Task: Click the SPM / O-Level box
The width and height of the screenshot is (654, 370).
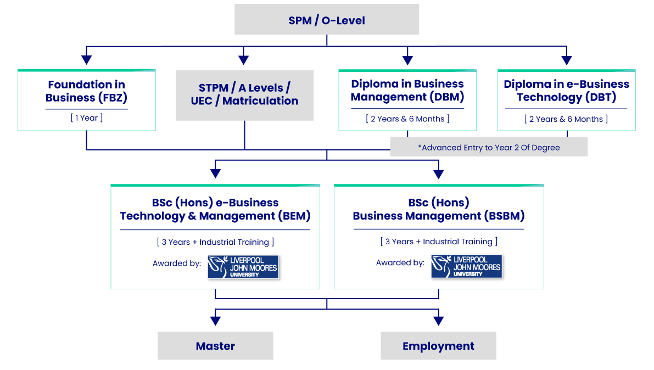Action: coord(327,20)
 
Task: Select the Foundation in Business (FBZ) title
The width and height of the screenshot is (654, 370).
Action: coord(86,91)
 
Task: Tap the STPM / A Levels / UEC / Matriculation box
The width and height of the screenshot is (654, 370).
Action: coord(244,94)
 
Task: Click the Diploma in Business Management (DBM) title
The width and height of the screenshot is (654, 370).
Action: coord(407,91)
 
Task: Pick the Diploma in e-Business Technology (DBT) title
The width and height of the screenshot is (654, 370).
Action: coord(566,91)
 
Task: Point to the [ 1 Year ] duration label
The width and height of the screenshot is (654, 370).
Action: coord(86,118)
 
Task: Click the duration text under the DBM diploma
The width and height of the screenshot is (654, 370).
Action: coord(407,119)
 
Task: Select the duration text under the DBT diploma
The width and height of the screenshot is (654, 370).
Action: coord(566,119)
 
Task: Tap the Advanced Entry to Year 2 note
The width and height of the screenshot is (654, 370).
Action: coord(489,147)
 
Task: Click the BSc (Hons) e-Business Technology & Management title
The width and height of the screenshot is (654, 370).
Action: coord(215,209)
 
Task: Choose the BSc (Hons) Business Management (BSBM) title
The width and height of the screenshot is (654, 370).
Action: coord(438,209)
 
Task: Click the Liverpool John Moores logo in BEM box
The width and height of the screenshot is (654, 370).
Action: coord(243,267)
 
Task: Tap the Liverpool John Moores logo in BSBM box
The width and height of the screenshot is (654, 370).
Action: coord(466,266)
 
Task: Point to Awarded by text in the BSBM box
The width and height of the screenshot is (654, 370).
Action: coord(400,263)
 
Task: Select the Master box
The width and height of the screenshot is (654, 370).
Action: coord(215,346)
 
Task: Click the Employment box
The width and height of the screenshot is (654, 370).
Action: coord(438,346)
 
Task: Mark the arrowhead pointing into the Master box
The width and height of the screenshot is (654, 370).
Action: coord(215,320)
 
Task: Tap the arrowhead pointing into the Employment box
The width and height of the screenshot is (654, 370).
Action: coord(438,320)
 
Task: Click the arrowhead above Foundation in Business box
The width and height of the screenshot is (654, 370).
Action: coord(86,59)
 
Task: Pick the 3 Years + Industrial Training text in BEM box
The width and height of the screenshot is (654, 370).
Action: coord(215,242)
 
